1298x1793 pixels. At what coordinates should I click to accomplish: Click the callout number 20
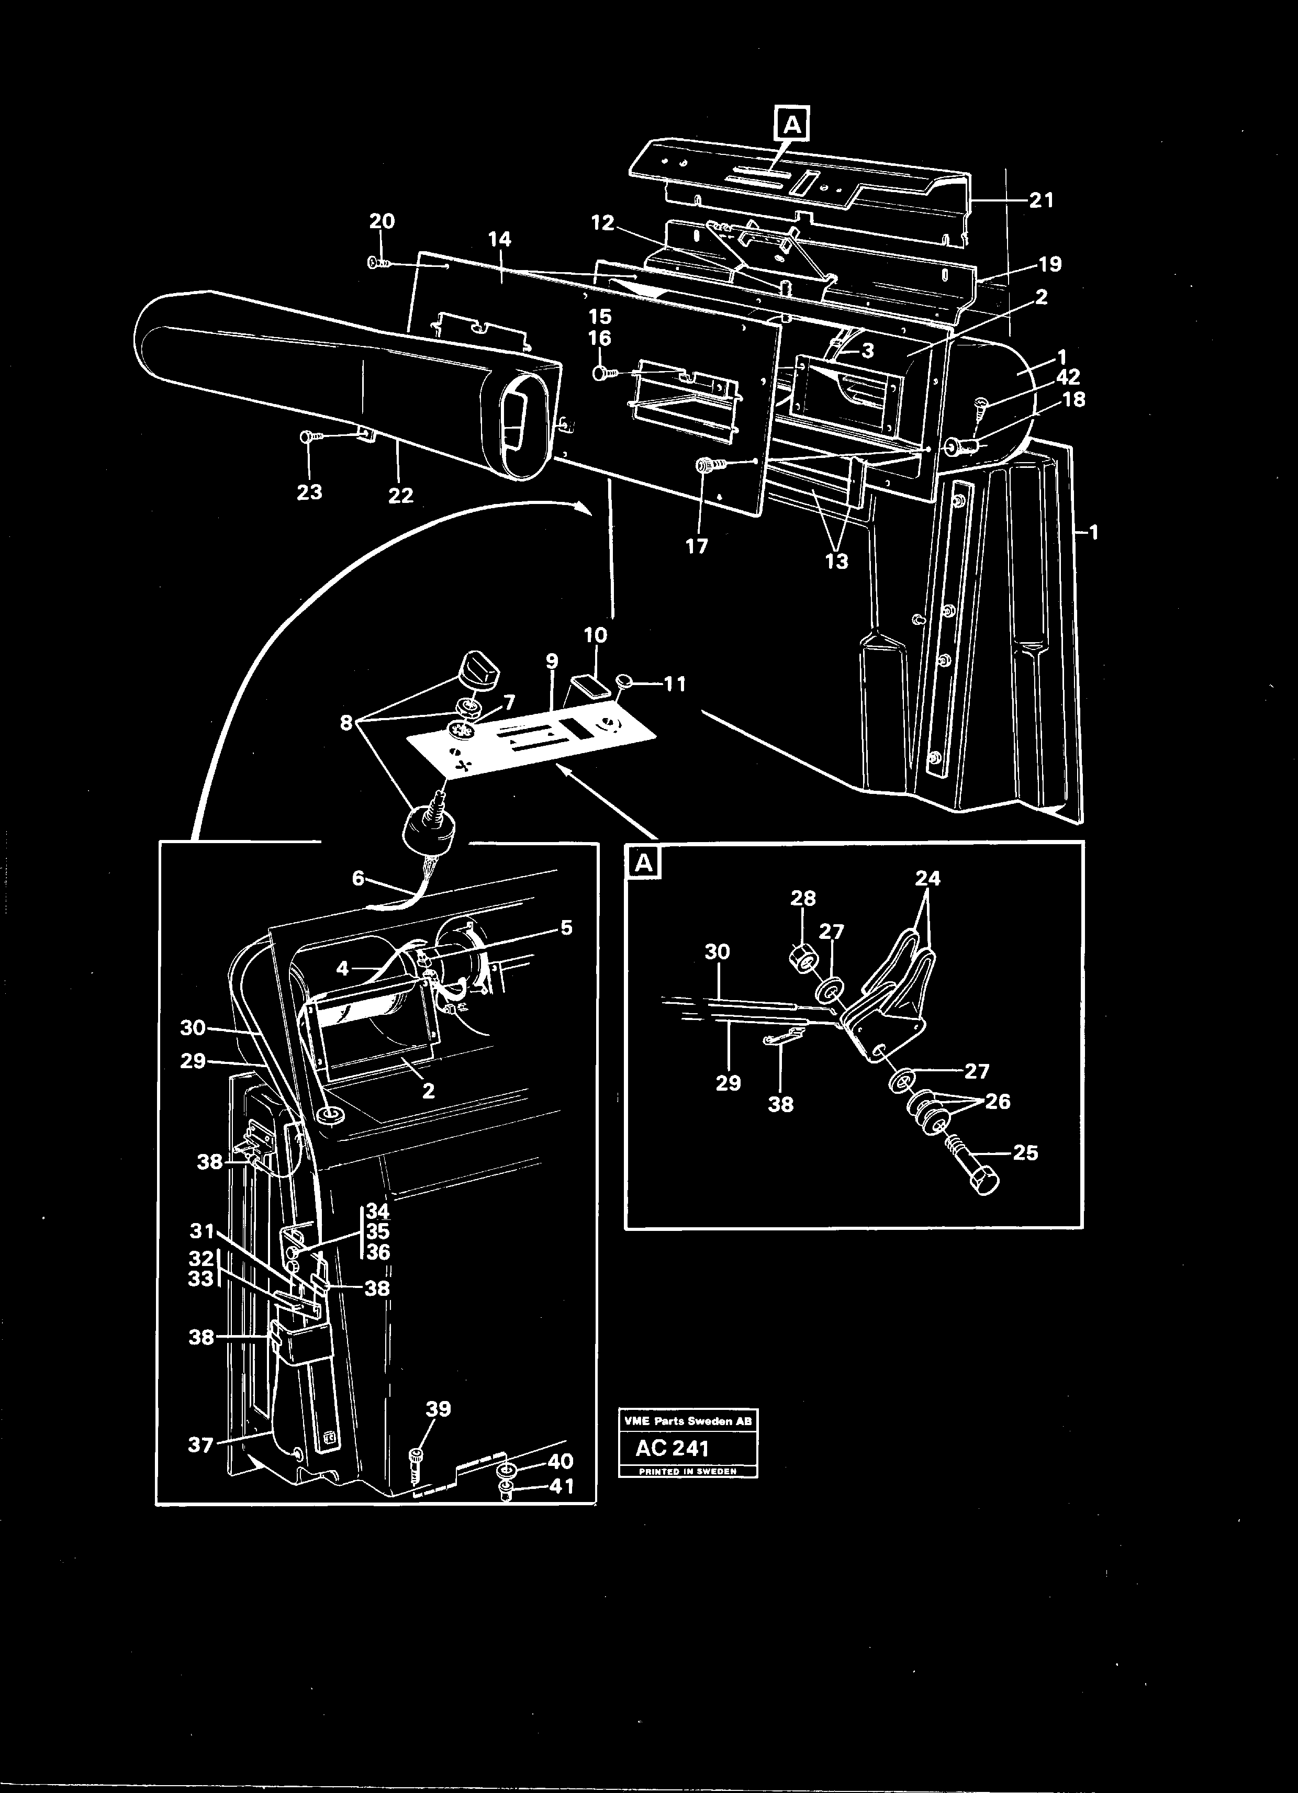point(382,221)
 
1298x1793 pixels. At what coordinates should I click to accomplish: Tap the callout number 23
point(310,492)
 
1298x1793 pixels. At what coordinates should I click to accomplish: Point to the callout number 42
point(1068,377)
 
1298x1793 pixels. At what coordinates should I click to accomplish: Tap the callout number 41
point(561,1486)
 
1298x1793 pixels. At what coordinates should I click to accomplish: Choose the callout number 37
point(201,1445)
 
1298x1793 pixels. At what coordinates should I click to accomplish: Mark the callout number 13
point(836,562)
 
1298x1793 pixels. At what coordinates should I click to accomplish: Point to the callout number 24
point(928,878)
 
